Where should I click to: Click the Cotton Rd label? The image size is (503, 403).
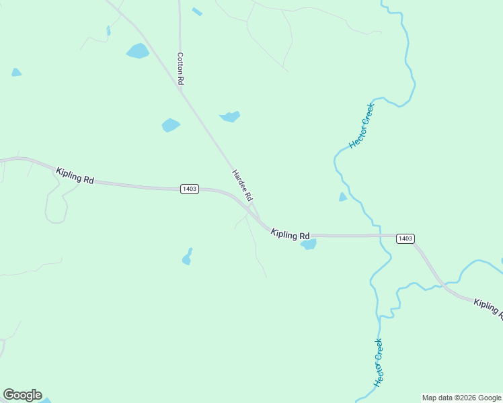[180, 68]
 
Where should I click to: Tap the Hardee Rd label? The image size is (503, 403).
[242, 185]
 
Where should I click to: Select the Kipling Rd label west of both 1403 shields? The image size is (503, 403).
[75, 177]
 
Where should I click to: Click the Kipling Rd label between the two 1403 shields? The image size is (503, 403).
[291, 234]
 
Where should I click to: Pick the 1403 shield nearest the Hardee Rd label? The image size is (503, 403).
[190, 189]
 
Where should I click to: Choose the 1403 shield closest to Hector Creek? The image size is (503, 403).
[405, 238]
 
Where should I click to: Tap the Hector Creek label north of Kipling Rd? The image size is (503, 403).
[361, 126]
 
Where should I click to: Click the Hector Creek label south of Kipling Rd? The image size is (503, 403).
[379, 362]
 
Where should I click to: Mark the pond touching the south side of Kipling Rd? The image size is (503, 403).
[308, 244]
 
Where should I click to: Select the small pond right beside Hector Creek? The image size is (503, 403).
[343, 197]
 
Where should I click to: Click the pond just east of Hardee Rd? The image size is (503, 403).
[230, 116]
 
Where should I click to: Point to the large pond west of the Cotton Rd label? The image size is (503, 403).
[138, 51]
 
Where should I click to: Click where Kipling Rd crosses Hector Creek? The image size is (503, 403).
[381, 235]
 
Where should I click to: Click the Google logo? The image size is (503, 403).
[22, 395]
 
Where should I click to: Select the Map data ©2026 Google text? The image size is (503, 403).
[461, 398]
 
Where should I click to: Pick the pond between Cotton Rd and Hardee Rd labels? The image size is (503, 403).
[171, 125]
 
